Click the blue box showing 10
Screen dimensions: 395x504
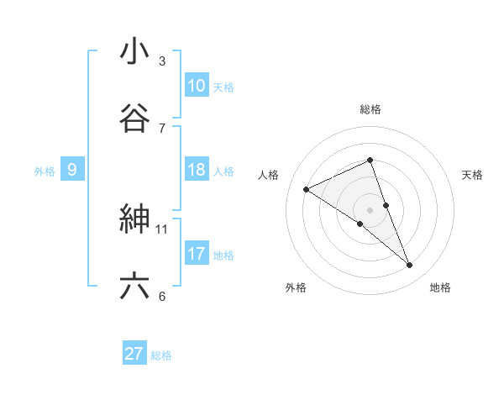(x=196, y=86)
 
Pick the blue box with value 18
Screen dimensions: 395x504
(x=196, y=170)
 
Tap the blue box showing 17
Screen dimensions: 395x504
(x=196, y=254)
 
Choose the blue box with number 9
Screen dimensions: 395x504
(x=72, y=170)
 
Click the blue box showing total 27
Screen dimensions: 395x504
(x=134, y=354)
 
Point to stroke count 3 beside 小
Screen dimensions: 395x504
(x=162, y=61)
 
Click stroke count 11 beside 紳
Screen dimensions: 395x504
(x=162, y=229)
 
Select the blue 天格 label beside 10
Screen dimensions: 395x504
(x=223, y=87)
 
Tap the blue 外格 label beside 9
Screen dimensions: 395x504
(x=45, y=171)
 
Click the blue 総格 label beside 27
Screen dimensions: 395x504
(x=161, y=355)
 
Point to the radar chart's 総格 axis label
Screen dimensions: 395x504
(x=370, y=109)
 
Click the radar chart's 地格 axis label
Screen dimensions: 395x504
(x=440, y=287)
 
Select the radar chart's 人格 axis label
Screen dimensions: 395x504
(x=269, y=175)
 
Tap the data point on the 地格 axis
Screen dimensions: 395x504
(x=410, y=266)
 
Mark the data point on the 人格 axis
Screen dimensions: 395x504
(x=307, y=189)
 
